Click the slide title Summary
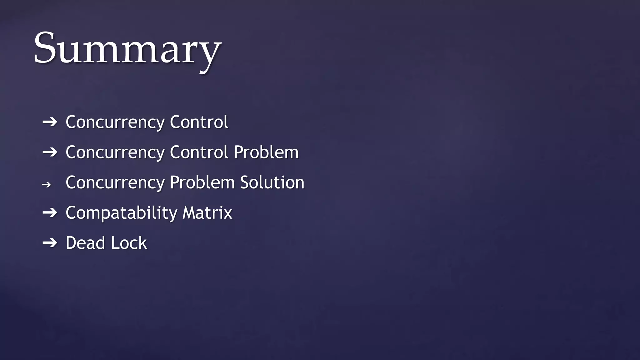(x=127, y=50)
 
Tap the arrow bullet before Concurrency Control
(x=50, y=122)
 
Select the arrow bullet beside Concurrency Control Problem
(x=50, y=152)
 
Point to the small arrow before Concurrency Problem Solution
(x=46, y=185)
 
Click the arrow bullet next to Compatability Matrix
(x=50, y=213)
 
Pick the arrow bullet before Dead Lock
(x=50, y=243)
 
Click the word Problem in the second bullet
(x=266, y=152)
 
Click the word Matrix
(x=207, y=213)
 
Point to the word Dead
(x=85, y=243)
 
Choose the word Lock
(x=129, y=243)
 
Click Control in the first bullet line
(x=199, y=122)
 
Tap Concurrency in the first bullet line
(x=115, y=122)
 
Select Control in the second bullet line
(x=199, y=152)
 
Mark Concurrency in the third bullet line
(x=115, y=183)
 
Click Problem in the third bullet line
(x=202, y=182)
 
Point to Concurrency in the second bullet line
(x=115, y=153)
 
